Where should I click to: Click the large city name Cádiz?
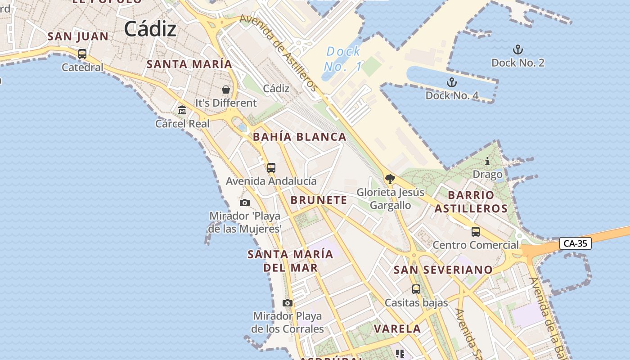click(x=150, y=30)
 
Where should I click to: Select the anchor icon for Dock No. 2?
click(x=518, y=49)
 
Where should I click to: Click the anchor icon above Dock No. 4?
click(x=451, y=82)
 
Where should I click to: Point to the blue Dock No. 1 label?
click(x=343, y=59)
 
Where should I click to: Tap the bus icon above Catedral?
click(x=82, y=54)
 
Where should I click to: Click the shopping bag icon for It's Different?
click(x=226, y=90)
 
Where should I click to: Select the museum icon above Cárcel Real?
click(x=182, y=110)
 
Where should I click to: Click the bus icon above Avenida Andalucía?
click(x=271, y=168)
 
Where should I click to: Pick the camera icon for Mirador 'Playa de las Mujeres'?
click(x=245, y=202)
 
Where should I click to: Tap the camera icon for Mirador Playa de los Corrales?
click(x=288, y=303)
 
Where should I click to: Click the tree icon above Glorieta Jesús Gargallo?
click(x=390, y=179)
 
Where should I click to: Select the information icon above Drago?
click(x=487, y=161)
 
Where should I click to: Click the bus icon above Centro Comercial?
click(x=476, y=232)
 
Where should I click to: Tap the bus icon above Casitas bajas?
click(x=416, y=289)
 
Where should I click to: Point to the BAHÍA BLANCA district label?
click(x=300, y=137)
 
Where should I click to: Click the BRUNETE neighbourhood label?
click(x=319, y=200)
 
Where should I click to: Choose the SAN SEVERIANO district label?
click(x=443, y=270)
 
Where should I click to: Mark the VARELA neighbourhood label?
click(x=397, y=329)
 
